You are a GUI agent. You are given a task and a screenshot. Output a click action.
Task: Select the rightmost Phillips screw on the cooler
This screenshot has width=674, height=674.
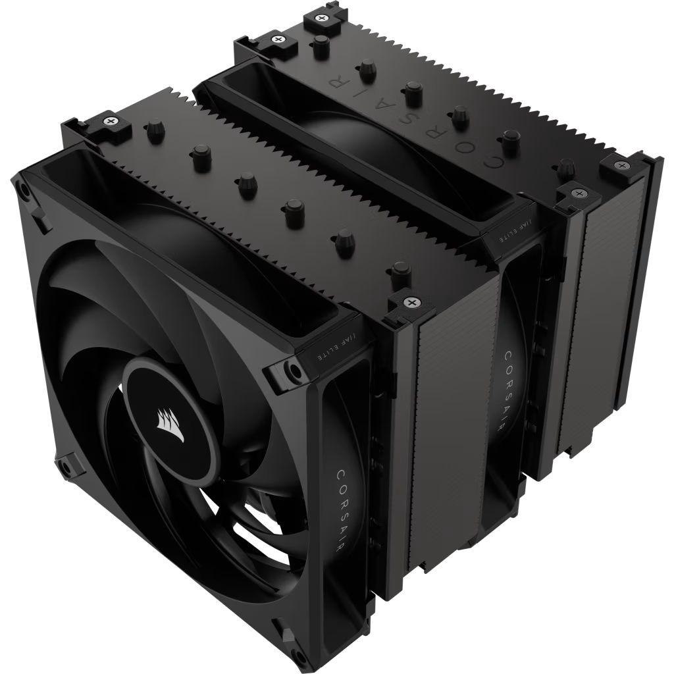click(x=620, y=165)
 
